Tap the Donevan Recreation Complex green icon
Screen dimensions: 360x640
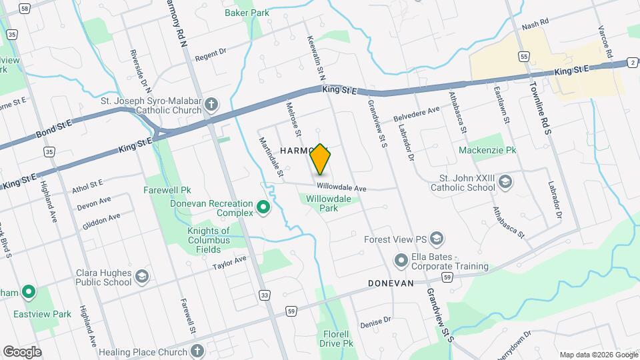pyautogui.click(x=263, y=208)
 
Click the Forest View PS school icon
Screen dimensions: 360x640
pyautogui.click(x=437, y=239)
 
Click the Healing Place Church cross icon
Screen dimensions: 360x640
pyautogui.click(x=197, y=351)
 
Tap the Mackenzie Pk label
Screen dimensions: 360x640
pyautogui.click(x=487, y=151)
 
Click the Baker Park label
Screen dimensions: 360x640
pyautogui.click(x=247, y=12)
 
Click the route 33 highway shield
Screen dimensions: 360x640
pyautogui.click(x=265, y=294)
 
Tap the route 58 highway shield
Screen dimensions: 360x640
pyautogui.click(x=25, y=8)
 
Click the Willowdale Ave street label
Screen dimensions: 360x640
pyautogui.click(x=342, y=189)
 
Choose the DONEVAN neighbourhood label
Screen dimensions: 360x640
pyautogui.click(x=391, y=283)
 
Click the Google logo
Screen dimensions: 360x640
pyautogui.click(x=22, y=351)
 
